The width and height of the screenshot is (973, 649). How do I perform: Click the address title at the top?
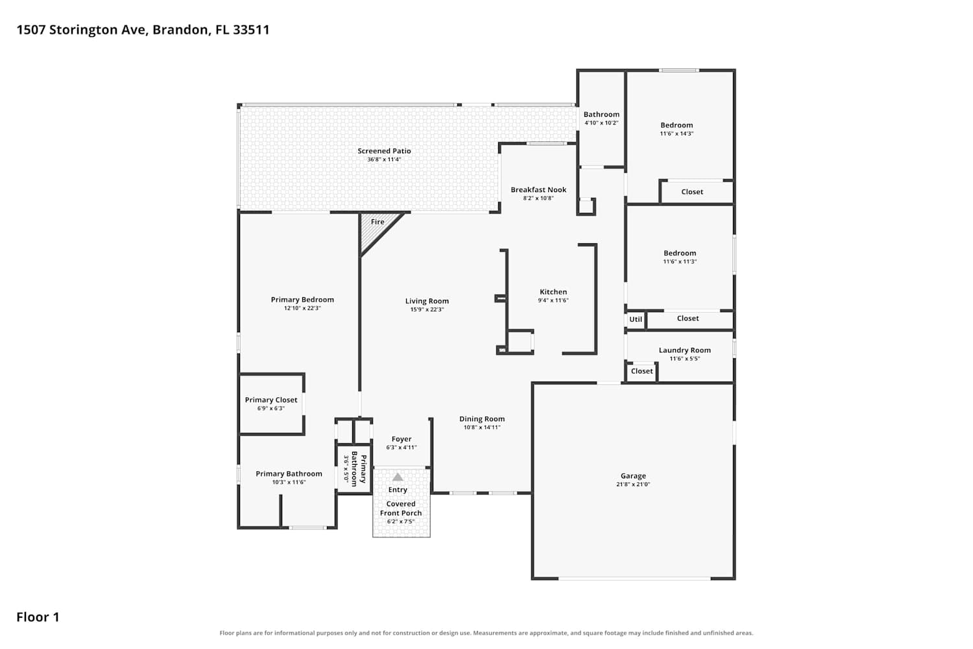click(x=143, y=30)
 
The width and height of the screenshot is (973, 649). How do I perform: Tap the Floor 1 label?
click(x=38, y=617)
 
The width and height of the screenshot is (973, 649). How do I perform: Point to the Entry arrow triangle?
click(x=398, y=477)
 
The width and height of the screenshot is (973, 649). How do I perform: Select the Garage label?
click(x=633, y=476)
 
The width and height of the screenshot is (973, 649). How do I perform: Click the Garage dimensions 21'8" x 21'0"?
click(x=633, y=484)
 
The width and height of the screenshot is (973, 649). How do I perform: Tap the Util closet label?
click(x=636, y=319)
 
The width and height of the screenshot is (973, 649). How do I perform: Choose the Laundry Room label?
click(x=684, y=350)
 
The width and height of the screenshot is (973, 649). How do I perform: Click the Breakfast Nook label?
click(x=538, y=190)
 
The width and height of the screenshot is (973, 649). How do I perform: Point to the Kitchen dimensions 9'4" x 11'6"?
click(x=553, y=300)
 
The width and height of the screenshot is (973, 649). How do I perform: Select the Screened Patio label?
click(x=384, y=151)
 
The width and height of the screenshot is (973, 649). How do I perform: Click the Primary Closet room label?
click(x=271, y=400)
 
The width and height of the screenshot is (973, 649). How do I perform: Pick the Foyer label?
click(x=402, y=439)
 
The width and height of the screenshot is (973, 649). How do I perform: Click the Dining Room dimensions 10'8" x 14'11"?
click(x=482, y=427)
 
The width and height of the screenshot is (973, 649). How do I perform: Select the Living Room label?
click(x=427, y=301)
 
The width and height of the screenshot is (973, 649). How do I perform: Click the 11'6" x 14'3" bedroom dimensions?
click(x=677, y=134)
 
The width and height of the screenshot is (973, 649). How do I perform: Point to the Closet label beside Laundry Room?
click(x=642, y=371)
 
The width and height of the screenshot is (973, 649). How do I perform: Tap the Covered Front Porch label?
click(x=400, y=508)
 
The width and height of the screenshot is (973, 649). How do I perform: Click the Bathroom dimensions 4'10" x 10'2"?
click(x=601, y=123)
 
